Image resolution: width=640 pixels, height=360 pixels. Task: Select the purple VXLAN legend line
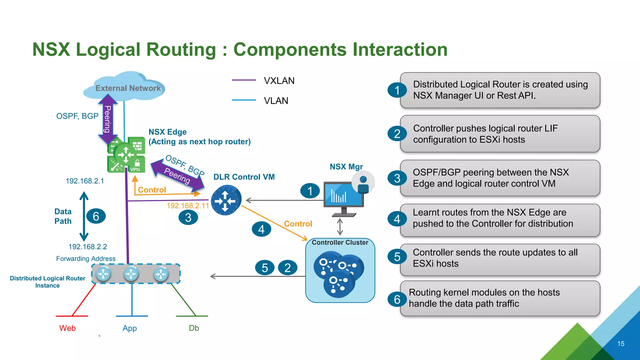244,80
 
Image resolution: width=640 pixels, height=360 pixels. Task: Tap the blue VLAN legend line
244,100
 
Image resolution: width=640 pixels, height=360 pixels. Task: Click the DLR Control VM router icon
226,200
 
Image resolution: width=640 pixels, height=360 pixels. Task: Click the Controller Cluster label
340,242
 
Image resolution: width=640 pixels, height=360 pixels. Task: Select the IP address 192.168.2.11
187,206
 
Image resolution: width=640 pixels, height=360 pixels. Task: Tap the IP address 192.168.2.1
85,181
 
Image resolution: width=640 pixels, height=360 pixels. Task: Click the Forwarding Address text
86,259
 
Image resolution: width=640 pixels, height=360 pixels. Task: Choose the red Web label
67,328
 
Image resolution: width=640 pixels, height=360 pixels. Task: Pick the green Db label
194,328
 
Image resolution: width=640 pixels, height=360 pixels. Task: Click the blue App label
130,328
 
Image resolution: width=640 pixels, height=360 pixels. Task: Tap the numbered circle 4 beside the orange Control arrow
261,229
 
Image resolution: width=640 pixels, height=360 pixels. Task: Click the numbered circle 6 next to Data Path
96,216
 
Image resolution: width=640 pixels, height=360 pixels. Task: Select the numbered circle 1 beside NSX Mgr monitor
310,191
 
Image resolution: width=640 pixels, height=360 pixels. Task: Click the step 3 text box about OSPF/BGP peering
500,178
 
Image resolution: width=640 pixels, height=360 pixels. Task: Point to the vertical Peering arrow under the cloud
107,119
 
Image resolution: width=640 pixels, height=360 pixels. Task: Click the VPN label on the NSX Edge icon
135,169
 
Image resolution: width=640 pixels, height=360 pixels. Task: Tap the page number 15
621,344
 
